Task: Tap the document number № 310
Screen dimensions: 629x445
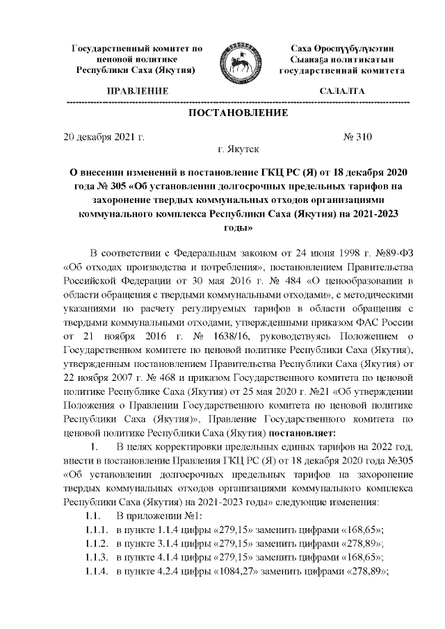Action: click(359, 136)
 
